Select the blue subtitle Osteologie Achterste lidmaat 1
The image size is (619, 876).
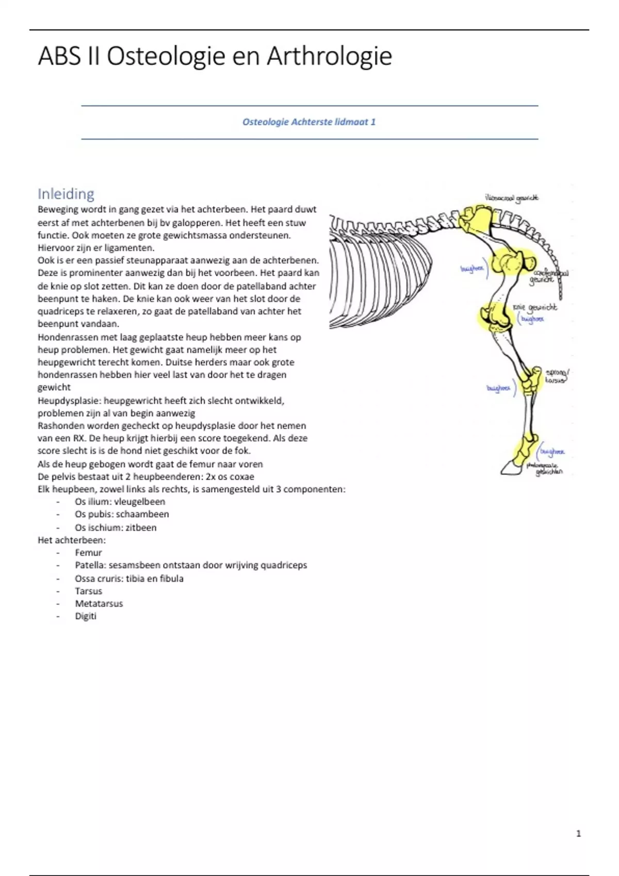(x=309, y=122)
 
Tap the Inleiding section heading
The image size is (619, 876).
(x=66, y=194)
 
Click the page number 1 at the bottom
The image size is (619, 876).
(x=578, y=833)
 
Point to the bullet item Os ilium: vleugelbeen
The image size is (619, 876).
(x=120, y=502)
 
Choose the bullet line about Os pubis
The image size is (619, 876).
(x=122, y=514)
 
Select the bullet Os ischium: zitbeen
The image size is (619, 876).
(x=116, y=528)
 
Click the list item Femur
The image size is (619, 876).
(x=88, y=553)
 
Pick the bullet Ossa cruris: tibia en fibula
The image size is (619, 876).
(x=129, y=579)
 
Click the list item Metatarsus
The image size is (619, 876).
(x=99, y=603)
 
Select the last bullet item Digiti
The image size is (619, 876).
(x=86, y=616)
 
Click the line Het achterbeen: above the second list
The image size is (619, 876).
(x=72, y=541)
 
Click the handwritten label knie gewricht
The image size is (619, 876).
(x=535, y=308)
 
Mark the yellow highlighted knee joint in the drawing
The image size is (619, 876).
(x=493, y=317)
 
